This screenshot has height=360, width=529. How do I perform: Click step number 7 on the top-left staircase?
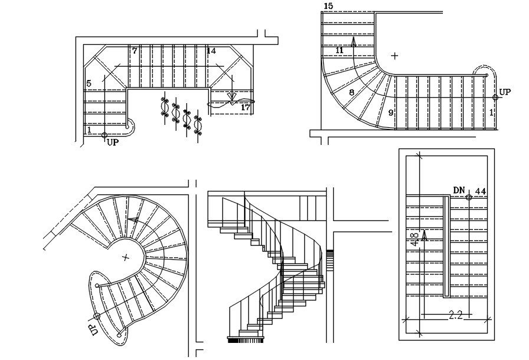tap(134, 51)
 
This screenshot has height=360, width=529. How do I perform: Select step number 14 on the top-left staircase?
tap(211, 51)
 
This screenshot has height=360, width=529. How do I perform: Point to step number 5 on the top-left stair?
tap(89, 84)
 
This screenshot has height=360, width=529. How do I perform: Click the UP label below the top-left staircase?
tap(112, 142)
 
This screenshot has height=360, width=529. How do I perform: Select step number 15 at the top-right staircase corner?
tap(328, 6)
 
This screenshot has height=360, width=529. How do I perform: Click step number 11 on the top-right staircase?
tap(339, 51)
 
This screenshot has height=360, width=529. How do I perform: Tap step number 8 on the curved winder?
tap(351, 93)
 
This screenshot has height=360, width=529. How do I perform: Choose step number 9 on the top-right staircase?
tap(390, 112)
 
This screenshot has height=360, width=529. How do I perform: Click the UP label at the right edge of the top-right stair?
tap(505, 93)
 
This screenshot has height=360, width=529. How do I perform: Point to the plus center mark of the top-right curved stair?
tap(395, 56)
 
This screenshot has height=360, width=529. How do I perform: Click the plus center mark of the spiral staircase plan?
tap(125, 257)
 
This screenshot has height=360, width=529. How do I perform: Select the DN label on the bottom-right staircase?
tap(459, 190)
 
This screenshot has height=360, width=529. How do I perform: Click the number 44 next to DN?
tap(480, 191)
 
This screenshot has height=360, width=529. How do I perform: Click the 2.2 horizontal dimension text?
tap(455, 315)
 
